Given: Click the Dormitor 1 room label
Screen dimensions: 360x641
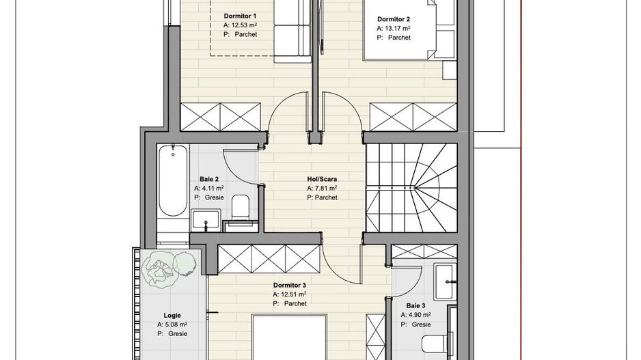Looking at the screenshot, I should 240,16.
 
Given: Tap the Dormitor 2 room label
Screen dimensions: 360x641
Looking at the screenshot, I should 394,19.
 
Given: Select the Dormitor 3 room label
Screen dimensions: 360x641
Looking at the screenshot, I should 289,285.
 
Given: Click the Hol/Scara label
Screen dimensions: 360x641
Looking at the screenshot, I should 322,179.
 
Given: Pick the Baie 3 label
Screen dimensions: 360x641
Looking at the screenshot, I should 415,305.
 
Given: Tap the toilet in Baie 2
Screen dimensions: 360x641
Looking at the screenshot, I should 240,208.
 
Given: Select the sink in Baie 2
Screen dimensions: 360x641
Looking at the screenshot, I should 205,219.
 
